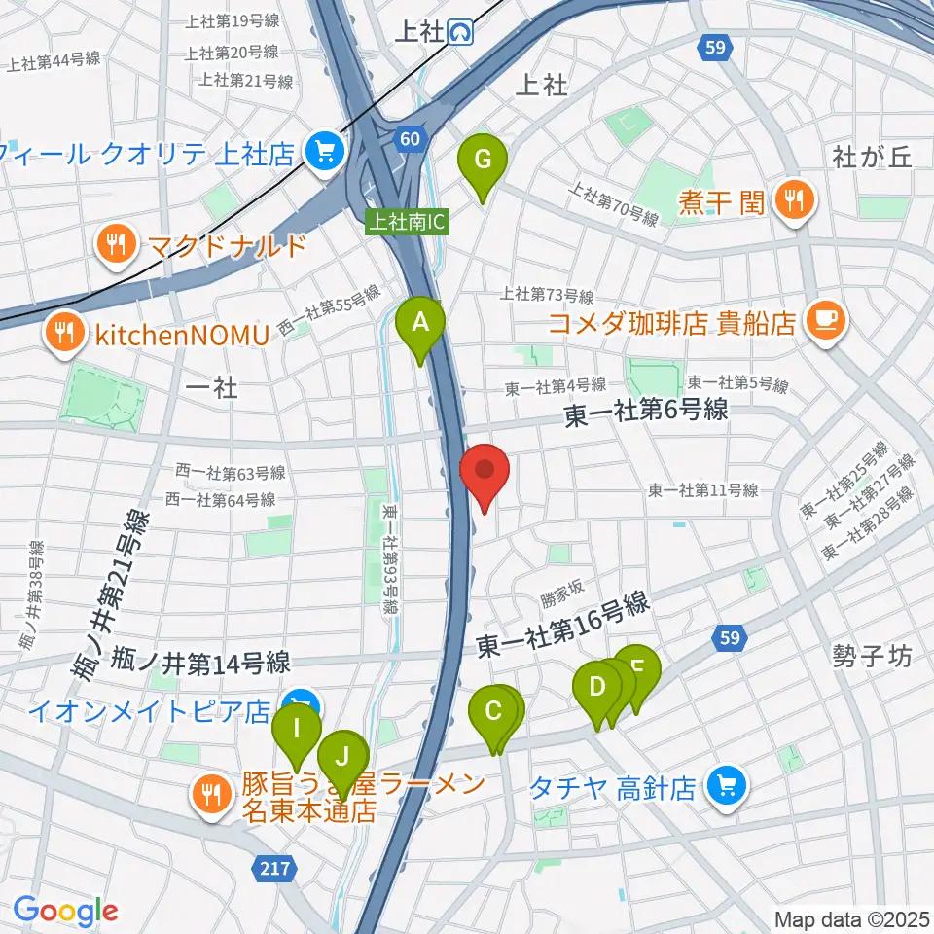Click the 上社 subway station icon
tap(462, 33)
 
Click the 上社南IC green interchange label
tap(407, 222)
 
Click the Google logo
tap(65, 912)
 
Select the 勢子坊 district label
tap(872, 657)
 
